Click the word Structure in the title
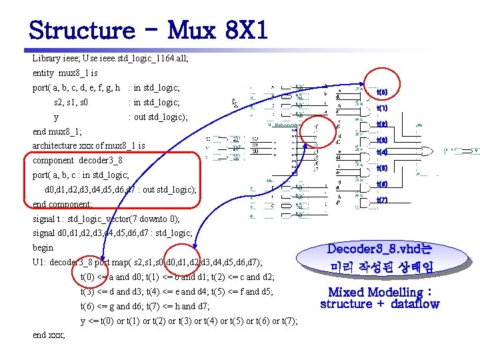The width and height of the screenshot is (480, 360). (81, 29)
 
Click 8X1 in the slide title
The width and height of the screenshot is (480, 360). (243, 29)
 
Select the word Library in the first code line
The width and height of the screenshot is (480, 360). (46, 59)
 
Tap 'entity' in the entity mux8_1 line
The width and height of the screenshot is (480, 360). (43, 73)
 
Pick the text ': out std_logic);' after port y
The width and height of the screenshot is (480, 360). (158, 117)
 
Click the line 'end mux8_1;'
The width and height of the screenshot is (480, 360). (57, 131)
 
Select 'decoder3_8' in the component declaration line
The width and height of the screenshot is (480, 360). (99, 161)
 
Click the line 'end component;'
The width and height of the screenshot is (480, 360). (64, 204)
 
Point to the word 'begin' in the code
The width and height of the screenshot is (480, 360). (43, 247)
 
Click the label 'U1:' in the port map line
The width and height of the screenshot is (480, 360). (39, 262)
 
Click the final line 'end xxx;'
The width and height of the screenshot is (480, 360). (49, 335)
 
